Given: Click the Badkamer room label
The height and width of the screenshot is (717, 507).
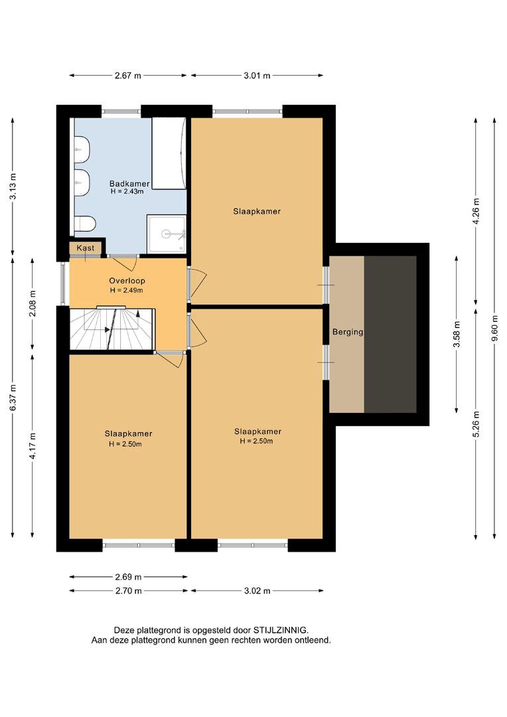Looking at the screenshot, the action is point(129,184).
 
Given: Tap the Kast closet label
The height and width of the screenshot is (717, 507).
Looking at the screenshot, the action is point(86,248).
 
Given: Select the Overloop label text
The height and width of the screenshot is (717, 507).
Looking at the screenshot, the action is point(127,281).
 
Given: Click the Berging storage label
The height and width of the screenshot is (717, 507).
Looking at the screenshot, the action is point(348,332).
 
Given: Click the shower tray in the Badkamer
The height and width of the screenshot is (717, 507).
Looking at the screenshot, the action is point(167,234).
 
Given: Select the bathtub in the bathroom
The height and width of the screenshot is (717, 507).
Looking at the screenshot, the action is point(169,153).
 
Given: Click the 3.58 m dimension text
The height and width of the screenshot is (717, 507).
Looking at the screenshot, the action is point(457,335).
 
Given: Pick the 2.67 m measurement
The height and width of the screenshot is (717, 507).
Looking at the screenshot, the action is point(128,76).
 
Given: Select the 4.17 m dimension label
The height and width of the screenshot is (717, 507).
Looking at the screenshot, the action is point(33,445).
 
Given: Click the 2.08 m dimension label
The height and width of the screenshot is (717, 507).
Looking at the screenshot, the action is point(33,303).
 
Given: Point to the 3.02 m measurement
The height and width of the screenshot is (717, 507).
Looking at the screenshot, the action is point(257,591).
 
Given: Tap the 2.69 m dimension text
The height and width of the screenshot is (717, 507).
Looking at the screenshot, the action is point(128,577).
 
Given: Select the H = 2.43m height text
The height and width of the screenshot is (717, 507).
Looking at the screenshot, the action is point(127,192).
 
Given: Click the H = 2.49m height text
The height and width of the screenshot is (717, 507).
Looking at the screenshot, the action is point(127,290).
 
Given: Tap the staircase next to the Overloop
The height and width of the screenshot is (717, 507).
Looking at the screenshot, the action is point(112,329).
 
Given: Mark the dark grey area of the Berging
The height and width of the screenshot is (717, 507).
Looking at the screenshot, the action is point(390,334).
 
